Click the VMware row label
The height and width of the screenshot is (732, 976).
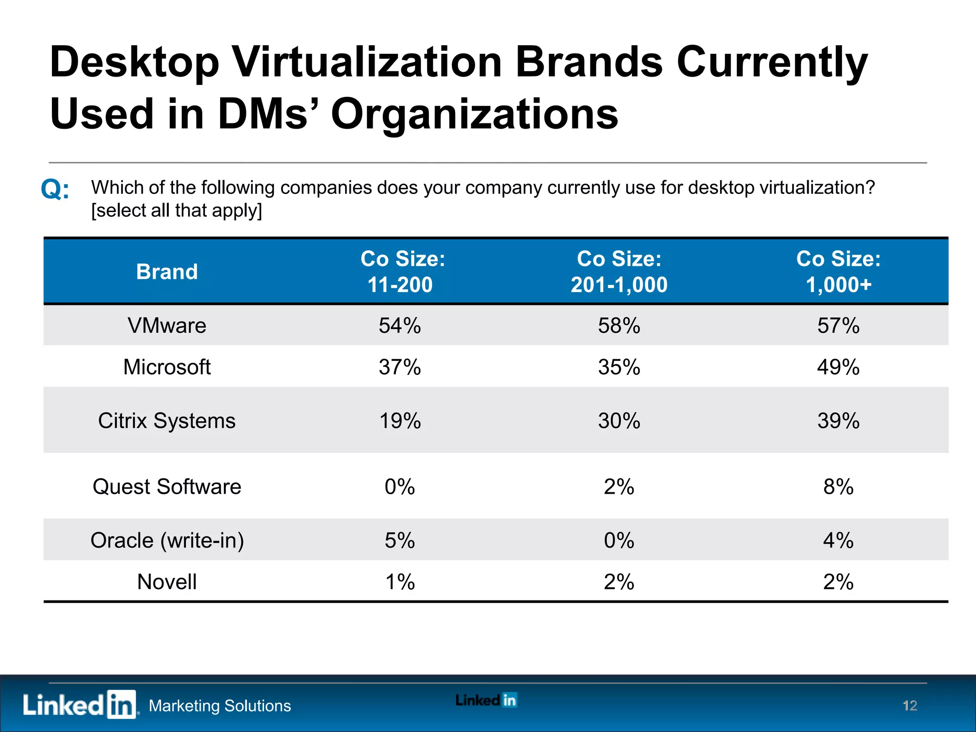[167, 326]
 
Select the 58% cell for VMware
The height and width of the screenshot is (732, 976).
[619, 326]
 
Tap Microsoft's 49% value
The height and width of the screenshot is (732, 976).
[838, 367]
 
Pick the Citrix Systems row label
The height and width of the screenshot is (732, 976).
[167, 421]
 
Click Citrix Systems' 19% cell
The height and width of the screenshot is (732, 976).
[399, 421]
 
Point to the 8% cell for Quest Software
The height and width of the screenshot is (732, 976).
[838, 487]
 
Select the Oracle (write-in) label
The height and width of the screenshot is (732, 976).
[167, 540]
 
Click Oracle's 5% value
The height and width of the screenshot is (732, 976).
[399, 540]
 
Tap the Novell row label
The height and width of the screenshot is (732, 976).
[167, 582]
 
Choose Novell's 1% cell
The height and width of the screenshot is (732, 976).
[399, 582]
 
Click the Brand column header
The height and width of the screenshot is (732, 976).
[167, 272]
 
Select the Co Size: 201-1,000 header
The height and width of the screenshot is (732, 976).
[619, 272]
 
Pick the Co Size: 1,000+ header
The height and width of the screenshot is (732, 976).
[838, 272]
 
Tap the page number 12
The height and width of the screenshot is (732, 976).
[909, 705]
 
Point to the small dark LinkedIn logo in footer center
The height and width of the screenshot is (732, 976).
[486, 700]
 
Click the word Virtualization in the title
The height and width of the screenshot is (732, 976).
[367, 62]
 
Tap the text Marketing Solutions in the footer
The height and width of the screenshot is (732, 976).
[220, 706]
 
